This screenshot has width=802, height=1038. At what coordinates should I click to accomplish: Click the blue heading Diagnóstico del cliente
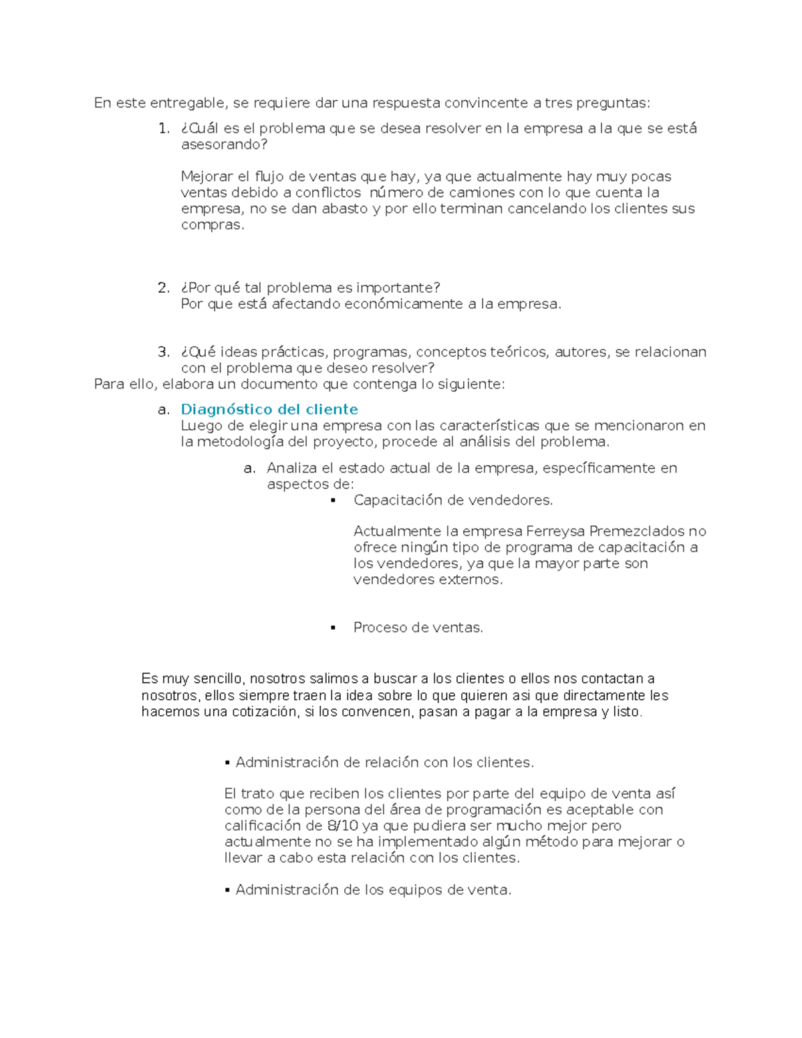(x=269, y=409)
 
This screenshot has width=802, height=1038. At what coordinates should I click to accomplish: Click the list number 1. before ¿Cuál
(x=164, y=128)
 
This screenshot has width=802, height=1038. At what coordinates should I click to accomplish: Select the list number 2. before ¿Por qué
(x=164, y=288)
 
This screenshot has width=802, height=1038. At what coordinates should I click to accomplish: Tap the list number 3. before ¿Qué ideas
(x=164, y=352)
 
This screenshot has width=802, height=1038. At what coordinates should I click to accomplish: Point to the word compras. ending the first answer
(x=213, y=225)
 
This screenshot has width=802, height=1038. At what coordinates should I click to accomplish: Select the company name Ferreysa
(x=555, y=531)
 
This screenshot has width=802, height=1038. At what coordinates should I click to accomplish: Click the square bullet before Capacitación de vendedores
(x=333, y=501)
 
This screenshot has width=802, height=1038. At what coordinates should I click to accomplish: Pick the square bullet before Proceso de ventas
(x=333, y=628)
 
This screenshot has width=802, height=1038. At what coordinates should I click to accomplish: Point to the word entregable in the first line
(x=188, y=103)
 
